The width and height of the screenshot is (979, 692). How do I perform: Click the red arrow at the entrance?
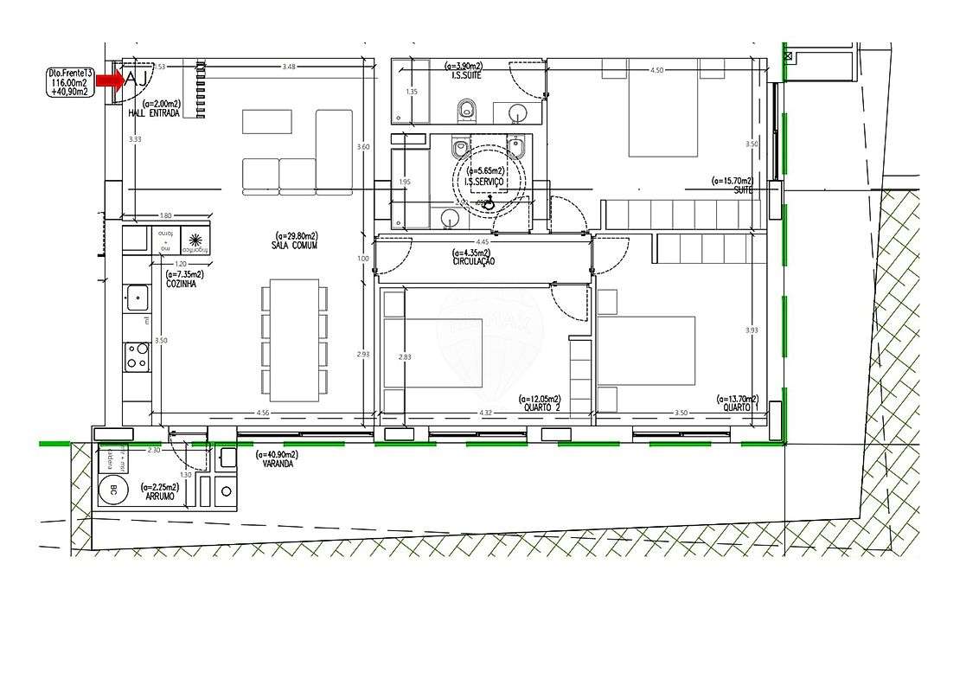point(109,80)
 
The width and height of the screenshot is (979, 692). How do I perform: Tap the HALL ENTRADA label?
point(154,113)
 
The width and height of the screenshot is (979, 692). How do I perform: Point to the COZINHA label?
point(181,283)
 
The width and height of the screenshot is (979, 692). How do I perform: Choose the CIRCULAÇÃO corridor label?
point(474,261)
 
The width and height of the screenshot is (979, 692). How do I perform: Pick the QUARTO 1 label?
point(740,408)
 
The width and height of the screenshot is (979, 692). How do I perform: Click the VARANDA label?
point(279,464)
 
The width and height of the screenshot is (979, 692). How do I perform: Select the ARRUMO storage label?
point(161,497)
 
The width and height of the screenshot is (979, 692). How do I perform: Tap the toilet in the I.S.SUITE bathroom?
point(468,109)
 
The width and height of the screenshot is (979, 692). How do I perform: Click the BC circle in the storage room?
point(112,492)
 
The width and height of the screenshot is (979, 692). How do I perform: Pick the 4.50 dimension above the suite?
point(657,71)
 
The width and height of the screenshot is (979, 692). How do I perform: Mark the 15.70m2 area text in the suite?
point(732,181)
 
